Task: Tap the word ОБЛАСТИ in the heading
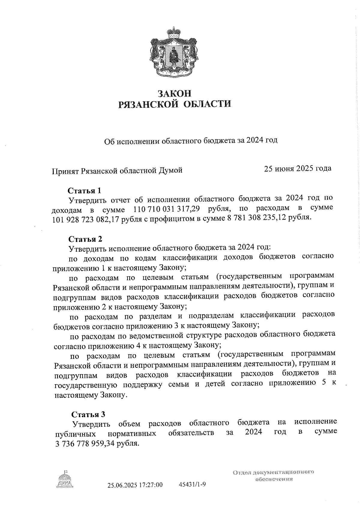207,104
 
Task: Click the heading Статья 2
85,239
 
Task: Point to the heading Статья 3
88,414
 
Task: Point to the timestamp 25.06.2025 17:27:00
135,485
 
